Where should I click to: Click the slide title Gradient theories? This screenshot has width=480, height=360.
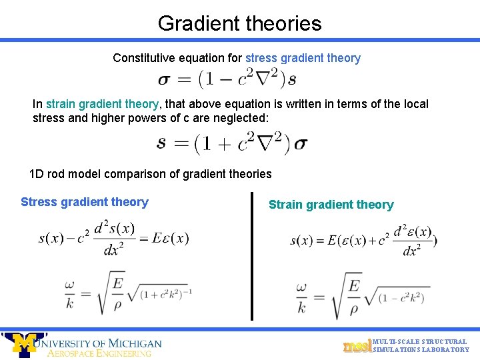[239, 23]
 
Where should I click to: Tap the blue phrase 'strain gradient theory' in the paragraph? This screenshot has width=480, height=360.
[102, 104]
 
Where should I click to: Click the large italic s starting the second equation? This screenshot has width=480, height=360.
[162, 142]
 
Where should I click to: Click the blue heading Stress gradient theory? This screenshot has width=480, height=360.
[85, 202]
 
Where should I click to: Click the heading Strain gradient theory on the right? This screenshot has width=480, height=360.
[331, 205]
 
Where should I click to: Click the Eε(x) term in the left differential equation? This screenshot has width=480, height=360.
[169, 238]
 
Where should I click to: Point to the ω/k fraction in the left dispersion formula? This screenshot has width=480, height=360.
[69, 293]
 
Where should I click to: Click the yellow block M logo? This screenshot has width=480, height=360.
[25, 344]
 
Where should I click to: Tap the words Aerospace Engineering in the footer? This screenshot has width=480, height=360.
[99, 353]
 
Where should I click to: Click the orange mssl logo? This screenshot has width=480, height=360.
[357, 346]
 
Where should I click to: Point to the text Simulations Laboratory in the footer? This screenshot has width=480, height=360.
[421, 350]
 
